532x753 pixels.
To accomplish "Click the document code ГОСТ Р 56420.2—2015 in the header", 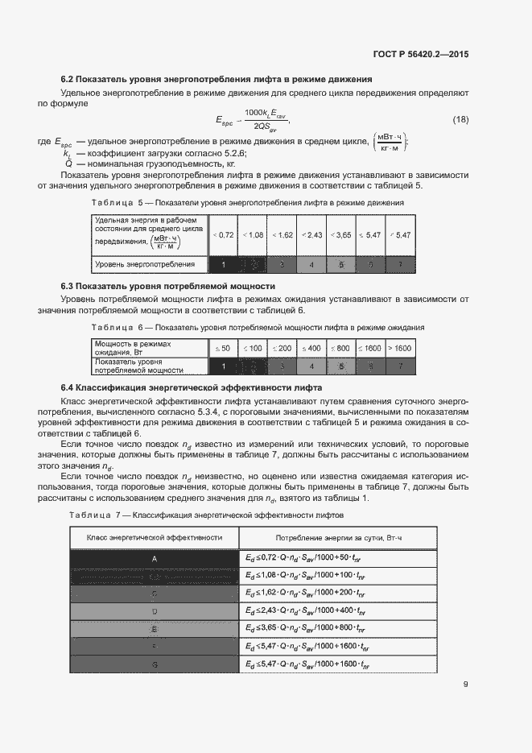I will point(422,55).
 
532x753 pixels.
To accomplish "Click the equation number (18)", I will point(460,119).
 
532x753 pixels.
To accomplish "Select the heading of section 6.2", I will point(217,80).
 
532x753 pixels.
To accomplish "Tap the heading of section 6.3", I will point(168,286).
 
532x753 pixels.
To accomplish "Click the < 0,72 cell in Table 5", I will point(223,234).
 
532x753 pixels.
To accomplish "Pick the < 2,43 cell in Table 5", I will point(311,234).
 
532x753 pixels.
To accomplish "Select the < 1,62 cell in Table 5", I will point(282,234).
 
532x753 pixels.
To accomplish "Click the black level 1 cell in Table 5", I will point(223,264).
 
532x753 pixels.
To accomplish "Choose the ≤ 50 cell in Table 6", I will point(222,348).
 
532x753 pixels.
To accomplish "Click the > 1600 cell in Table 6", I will point(399,348).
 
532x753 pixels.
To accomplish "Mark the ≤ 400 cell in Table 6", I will point(311,348).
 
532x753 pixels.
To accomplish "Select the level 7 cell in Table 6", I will point(399,366).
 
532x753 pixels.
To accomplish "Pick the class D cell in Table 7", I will point(154,610).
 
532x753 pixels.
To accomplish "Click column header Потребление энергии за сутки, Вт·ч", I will point(338,536).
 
